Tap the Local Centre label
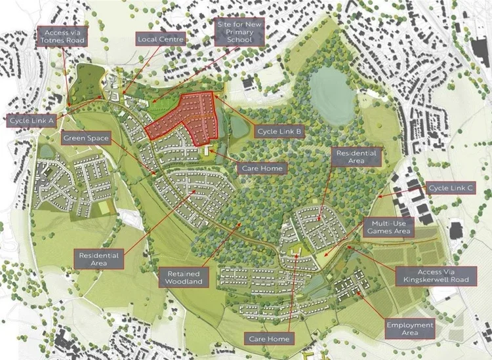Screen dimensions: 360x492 pyautogui.click(x=161, y=39)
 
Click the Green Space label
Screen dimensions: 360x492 pyautogui.click(x=86, y=138)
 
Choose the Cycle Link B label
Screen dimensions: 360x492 pyautogui.click(x=279, y=132)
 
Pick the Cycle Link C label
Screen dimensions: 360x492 pyautogui.click(x=451, y=188)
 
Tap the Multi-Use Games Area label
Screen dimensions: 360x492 pyautogui.click(x=390, y=227)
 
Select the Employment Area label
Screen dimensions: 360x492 pyautogui.click(x=410, y=329)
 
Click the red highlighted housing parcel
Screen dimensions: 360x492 pyautogui.click(x=187, y=117)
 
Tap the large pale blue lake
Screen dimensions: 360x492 pyautogui.click(x=333, y=97)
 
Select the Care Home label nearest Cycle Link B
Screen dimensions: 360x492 pyautogui.click(x=262, y=169)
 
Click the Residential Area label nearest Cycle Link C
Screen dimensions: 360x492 pyautogui.click(x=356, y=157)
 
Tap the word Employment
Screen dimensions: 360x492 pyautogui.click(x=410, y=325)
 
